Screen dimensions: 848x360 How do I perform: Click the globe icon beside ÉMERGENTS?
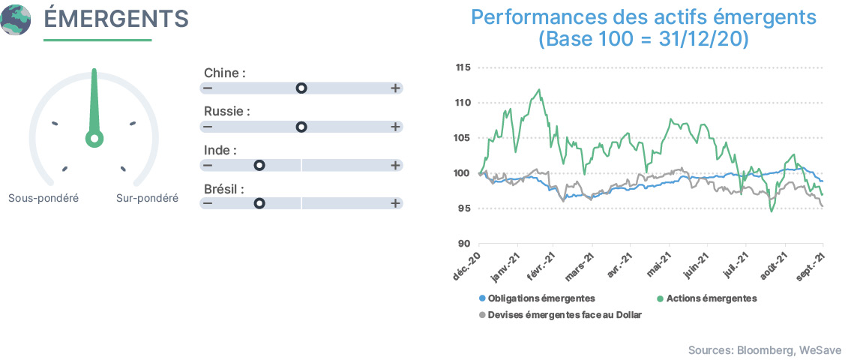[x=15, y=19]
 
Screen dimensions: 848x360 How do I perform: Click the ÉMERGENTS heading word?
[x=115, y=19]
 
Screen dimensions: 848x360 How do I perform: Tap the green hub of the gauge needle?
[x=94, y=139]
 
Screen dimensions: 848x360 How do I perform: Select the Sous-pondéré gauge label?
[x=43, y=198]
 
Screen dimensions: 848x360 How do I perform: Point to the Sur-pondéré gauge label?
[x=147, y=198]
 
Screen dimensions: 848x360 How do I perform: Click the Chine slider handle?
[x=301, y=88]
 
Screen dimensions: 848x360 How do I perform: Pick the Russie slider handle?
[x=301, y=127]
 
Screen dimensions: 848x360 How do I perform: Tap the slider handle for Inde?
[x=259, y=165]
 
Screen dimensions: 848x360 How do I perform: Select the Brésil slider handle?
[x=259, y=203]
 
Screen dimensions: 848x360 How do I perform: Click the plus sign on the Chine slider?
[x=395, y=88]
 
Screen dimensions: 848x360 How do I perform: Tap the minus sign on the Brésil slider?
[x=208, y=203]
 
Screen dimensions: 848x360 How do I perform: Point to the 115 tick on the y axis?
[x=463, y=67]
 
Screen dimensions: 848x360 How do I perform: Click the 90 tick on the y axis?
[x=464, y=244]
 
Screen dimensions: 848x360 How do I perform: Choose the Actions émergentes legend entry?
[x=707, y=298]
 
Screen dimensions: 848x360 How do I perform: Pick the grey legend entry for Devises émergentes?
[x=560, y=314]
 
